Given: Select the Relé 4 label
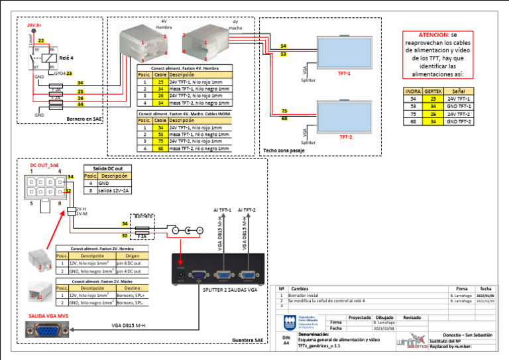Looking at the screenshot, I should click(x=67, y=58).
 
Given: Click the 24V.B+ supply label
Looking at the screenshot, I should click(x=34, y=25).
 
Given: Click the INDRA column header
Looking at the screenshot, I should click(x=413, y=91).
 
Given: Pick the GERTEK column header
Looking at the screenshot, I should click(x=433, y=91).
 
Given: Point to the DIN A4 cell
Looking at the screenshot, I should click(x=286, y=341).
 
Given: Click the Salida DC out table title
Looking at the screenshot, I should click(x=108, y=169).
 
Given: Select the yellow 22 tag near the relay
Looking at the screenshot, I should click(x=41, y=41).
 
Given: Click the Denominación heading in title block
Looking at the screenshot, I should click(x=314, y=335).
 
